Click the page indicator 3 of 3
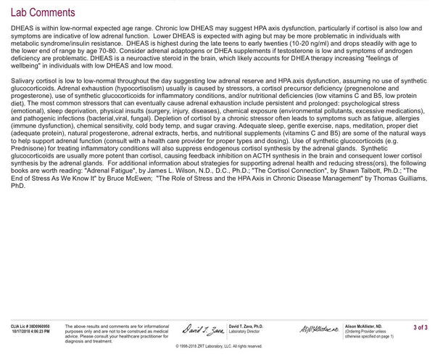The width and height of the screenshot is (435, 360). pyautogui.click(x=420, y=328)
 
